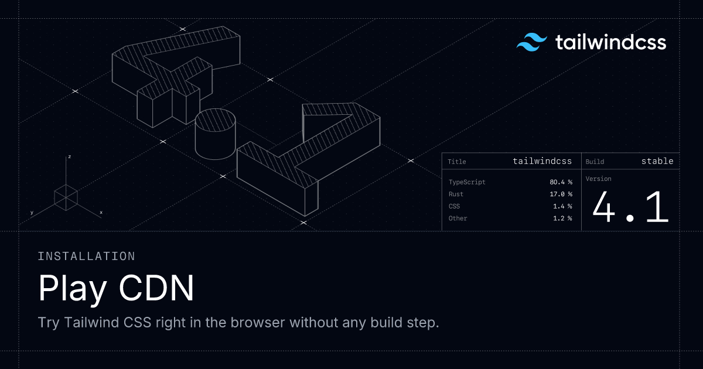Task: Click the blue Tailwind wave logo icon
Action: [532, 42]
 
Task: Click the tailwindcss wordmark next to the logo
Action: [610, 42]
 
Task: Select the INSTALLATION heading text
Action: [86, 257]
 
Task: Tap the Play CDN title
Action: [116, 288]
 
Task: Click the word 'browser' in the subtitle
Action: [258, 322]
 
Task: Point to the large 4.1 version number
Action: [630, 207]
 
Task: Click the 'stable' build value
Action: [657, 161]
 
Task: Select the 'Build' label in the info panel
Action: [595, 162]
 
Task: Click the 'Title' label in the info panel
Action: [456, 162]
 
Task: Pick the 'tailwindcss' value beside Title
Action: [542, 161]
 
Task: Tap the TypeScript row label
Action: [467, 182]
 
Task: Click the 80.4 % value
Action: [561, 182]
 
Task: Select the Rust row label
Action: [456, 194]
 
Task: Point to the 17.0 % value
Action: [561, 194]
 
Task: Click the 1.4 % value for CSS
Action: [562, 206]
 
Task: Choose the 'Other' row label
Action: [458, 218]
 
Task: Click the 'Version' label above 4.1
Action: [599, 179]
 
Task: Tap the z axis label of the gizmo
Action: [69, 156]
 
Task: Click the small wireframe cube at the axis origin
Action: [66, 198]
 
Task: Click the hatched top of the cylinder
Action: [216, 120]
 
